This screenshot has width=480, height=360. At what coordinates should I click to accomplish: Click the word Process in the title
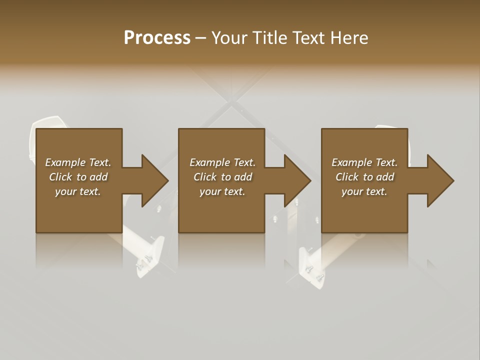tap(157, 38)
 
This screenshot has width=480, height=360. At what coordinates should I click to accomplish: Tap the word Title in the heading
tap(268, 38)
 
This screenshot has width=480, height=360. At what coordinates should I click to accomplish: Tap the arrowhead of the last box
tap(440, 180)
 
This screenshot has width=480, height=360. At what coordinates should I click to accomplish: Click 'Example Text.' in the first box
tap(78, 162)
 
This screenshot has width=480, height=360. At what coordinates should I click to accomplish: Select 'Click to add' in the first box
tap(78, 177)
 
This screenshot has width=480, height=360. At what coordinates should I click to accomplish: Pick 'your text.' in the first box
tap(78, 191)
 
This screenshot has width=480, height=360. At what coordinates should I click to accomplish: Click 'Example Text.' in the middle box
tap(222, 162)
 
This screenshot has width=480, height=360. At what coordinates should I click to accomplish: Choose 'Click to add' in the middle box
tap(222, 177)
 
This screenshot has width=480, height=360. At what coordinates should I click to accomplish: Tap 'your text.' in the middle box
tap(222, 191)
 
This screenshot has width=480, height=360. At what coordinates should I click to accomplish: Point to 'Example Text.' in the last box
tap(364, 162)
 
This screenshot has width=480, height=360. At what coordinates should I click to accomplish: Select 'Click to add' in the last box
tap(364, 177)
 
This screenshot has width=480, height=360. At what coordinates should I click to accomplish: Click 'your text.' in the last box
tap(364, 191)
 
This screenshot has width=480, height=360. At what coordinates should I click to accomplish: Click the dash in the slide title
tap(200, 38)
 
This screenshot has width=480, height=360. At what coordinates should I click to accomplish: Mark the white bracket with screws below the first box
tap(150, 257)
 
